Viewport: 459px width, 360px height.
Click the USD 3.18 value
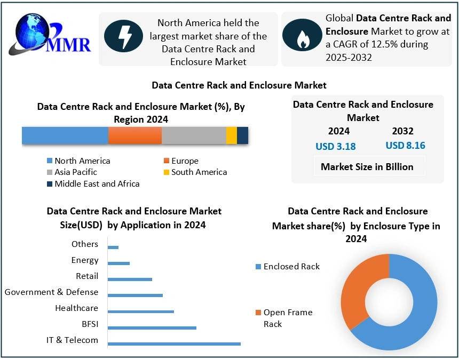[336, 146]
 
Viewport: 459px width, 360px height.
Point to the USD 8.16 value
[405, 145]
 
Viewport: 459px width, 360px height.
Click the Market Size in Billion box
[367, 166]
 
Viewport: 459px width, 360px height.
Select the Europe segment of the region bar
[135, 135]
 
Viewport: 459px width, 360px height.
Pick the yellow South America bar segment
[231, 135]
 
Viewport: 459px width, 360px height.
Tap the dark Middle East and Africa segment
[242, 135]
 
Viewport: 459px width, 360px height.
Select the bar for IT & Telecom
[174, 344]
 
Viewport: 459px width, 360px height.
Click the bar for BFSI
[152, 327]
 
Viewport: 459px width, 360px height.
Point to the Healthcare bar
[141, 311]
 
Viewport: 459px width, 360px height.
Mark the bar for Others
[113, 247]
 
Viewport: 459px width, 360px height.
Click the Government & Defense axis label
[52, 292]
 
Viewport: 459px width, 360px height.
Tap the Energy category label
[85, 260]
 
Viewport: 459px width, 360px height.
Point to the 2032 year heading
[402, 131]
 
